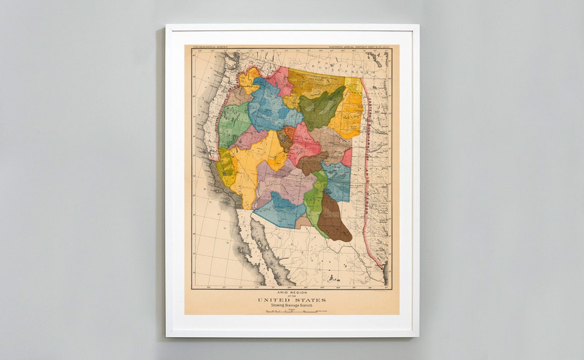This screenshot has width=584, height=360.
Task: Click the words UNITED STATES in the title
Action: tap(291, 300)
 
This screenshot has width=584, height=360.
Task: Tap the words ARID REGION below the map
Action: tap(291, 293)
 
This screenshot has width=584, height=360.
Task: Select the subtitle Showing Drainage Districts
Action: tap(291, 306)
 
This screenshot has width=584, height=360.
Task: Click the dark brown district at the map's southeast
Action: tap(333, 219)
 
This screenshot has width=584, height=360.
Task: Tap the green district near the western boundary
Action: tap(234, 124)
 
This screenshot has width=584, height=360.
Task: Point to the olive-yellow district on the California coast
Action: tap(226, 168)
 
